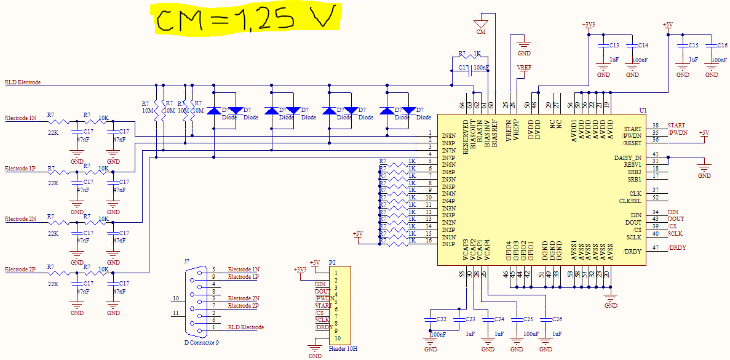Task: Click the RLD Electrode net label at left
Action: pyautogui.click(x=23, y=82)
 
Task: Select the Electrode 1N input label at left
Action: pyautogui.click(x=21, y=117)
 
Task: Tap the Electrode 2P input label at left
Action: pyautogui.click(x=21, y=270)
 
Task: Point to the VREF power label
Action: pyautogui.click(x=524, y=68)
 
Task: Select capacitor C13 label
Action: pyautogui.click(x=613, y=46)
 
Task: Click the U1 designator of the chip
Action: pyautogui.click(x=643, y=110)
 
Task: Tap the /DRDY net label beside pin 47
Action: pyautogui.click(x=676, y=248)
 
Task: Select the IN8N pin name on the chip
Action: pyautogui.click(x=448, y=135)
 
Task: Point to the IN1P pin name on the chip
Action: pyautogui.click(x=448, y=244)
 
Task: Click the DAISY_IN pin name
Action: pyautogui.click(x=628, y=158)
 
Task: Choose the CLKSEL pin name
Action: pyautogui.click(x=630, y=201)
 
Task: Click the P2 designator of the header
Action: pyautogui.click(x=332, y=262)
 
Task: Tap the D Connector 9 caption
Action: pyautogui.click(x=201, y=342)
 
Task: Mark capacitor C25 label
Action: pyautogui.click(x=528, y=319)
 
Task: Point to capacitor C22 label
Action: pyautogui.click(x=441, y=319)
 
